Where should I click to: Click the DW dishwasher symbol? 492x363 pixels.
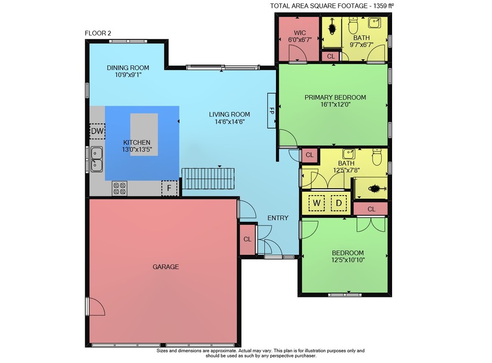97,131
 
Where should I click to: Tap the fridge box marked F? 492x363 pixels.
169,188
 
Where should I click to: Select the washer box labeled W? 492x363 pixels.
316,203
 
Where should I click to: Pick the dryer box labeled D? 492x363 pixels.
339,203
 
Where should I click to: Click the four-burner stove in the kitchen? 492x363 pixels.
120,188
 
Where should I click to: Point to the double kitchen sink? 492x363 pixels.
96,159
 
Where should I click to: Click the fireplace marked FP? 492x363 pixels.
272,110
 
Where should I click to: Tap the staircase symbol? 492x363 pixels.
208,179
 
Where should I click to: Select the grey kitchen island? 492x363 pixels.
144,134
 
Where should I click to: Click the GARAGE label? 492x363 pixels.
166,267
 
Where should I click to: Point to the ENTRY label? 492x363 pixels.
277,218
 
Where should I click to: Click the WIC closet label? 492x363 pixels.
300,33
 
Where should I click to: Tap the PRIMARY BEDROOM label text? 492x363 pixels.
335,98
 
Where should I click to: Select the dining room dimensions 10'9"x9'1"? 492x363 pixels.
128,75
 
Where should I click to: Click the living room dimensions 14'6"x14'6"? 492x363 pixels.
230,122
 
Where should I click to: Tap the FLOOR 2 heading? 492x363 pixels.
98,33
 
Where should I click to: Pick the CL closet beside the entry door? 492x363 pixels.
247,239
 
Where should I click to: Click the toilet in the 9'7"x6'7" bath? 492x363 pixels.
353,25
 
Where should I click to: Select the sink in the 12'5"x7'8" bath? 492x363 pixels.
349,154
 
